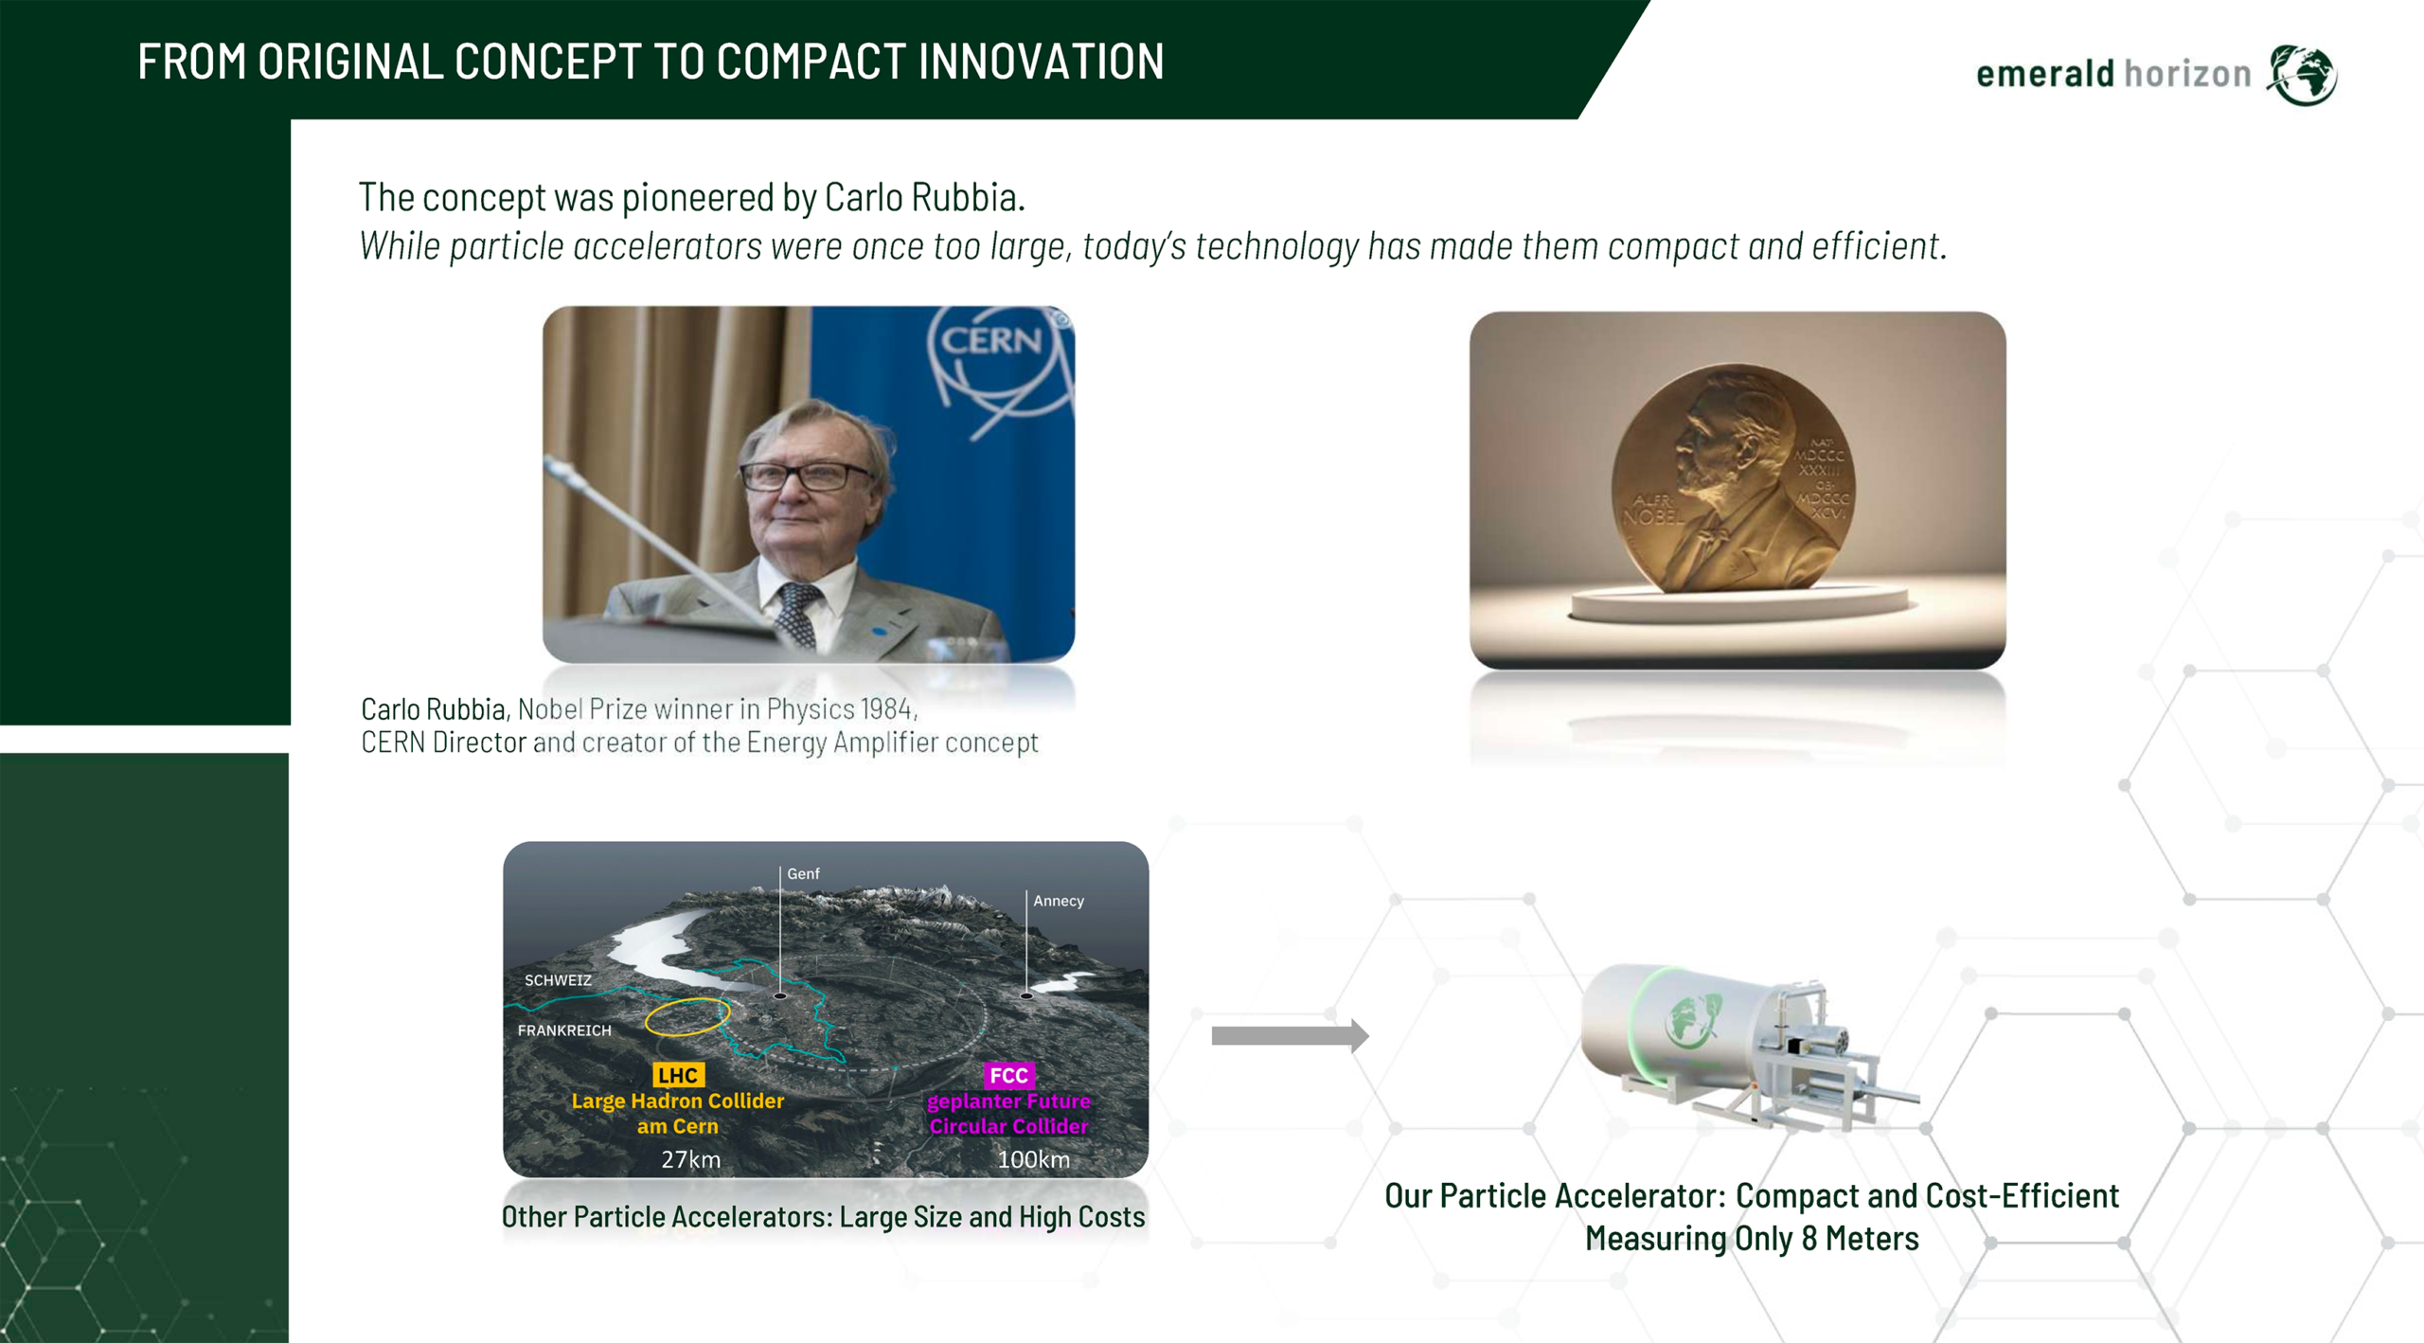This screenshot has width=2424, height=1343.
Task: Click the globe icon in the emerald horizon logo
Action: [x=2302, y=74]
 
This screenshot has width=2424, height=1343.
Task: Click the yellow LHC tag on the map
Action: [x=678, y=1075]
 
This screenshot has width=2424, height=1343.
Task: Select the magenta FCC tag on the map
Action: [x=1008, y=1075]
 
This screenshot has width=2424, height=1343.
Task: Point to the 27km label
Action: [x=690, y=1159]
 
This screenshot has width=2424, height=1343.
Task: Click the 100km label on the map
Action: [x=1033, y=1159]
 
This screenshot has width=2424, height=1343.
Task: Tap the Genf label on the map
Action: [x=803, y=873]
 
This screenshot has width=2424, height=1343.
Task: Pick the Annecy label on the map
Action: [x=1058, y=901]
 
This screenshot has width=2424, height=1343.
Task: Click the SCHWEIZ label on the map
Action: [x=558, y=980]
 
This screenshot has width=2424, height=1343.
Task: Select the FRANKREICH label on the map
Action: [x=564, y=1030]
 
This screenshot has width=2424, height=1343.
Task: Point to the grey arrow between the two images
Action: [x=1290, y=1035]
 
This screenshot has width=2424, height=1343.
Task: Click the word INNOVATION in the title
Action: [x=1040, y=62]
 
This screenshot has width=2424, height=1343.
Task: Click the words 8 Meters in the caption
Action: [x=1860, y=1238]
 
